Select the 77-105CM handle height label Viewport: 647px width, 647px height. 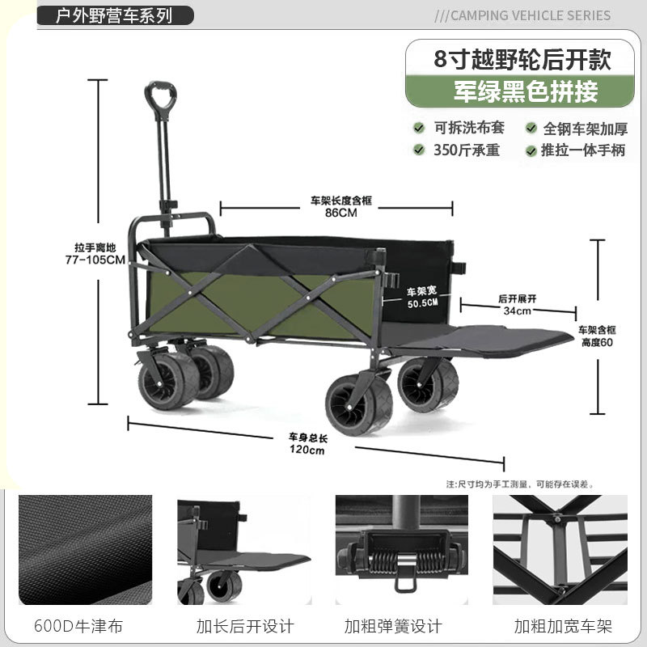click(95, 260)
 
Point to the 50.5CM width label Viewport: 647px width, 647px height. click(422, 303)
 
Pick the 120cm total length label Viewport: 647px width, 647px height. click(307, 450)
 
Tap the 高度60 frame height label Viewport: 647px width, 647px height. click(598, 341)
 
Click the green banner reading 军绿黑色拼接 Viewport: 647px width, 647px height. click(525, 92)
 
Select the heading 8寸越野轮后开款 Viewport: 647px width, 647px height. click(522, 58)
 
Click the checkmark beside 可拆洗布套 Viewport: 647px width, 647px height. click(419, 128)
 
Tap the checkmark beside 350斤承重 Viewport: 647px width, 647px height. click(419, 150)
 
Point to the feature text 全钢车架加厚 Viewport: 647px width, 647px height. click(584, 128)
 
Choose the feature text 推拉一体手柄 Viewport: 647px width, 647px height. click(584, 150)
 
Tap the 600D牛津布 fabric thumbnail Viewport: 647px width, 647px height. click(86, 550)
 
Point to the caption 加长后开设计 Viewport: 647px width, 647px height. click(245, 626)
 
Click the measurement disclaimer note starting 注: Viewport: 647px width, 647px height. click(520, 484)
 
